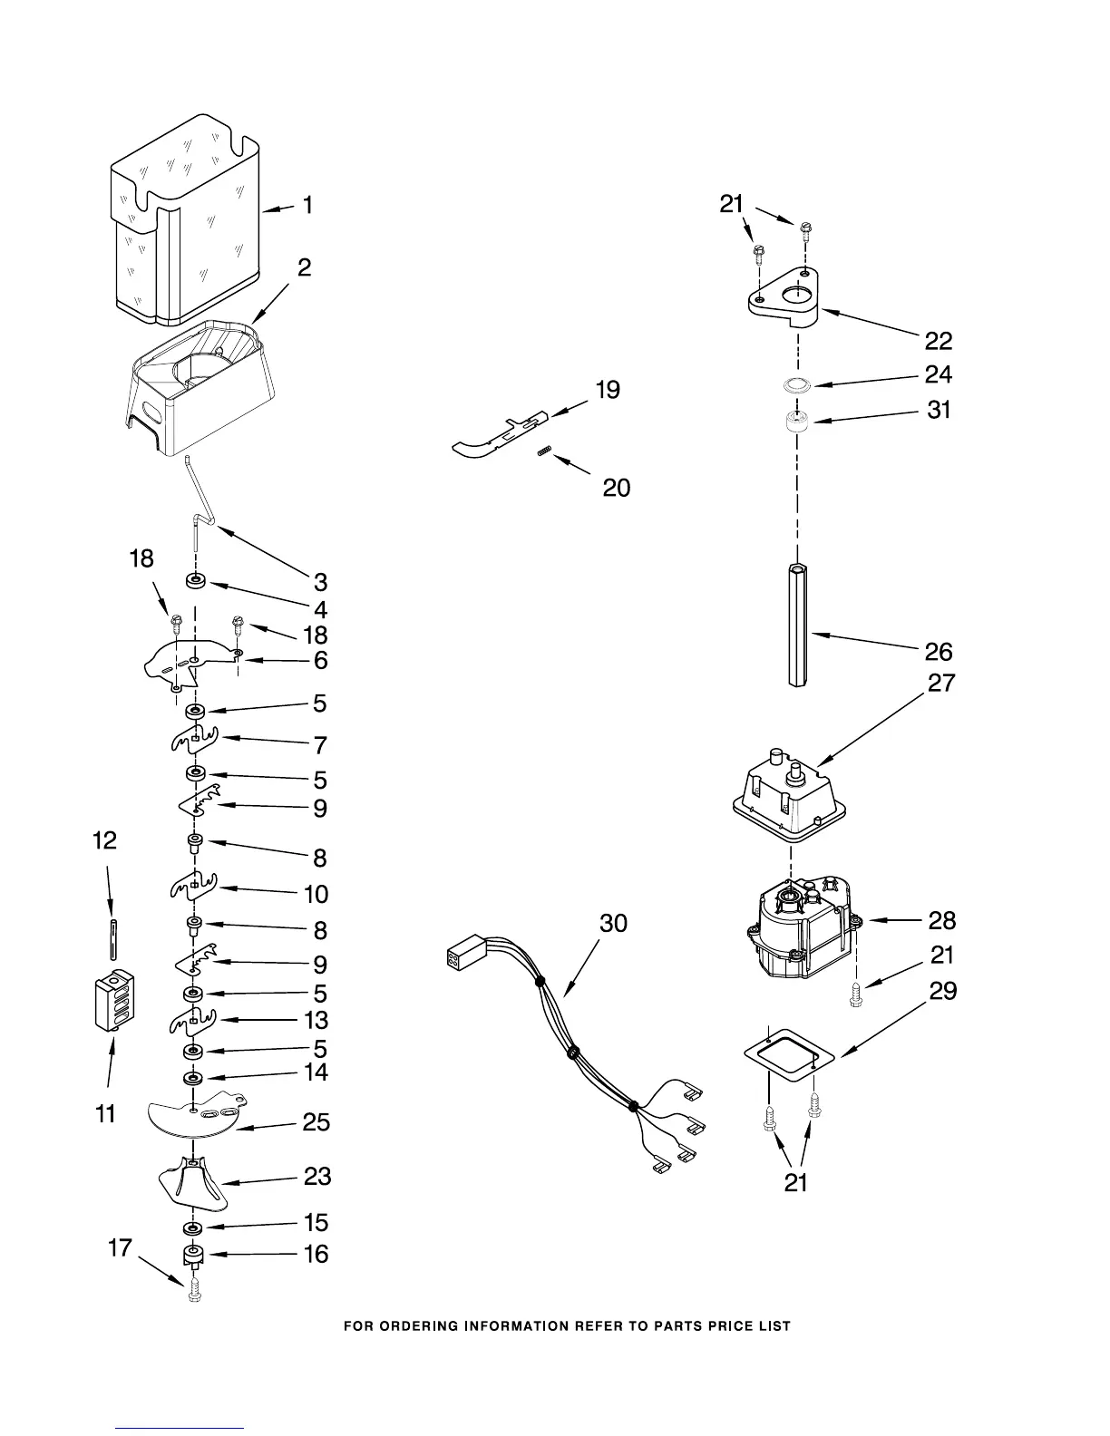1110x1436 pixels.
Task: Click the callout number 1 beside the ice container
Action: pos(308,206)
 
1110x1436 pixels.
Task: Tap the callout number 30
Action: pos(613,923)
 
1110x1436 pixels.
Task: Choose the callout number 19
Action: pos(608,390)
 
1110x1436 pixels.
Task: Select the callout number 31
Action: pos(939,410)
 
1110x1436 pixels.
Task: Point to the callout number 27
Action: pos(941,683)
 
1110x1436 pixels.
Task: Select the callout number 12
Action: pos(105,840)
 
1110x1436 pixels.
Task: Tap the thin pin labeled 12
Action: pos(112,938)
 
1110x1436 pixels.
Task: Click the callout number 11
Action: pos(106,1113)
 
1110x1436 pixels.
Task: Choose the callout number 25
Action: pos(316,1122)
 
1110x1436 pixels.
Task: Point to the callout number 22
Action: pos(939,341)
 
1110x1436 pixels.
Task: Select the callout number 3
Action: pos(320,582)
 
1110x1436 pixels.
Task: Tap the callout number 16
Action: pos(316,1255)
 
